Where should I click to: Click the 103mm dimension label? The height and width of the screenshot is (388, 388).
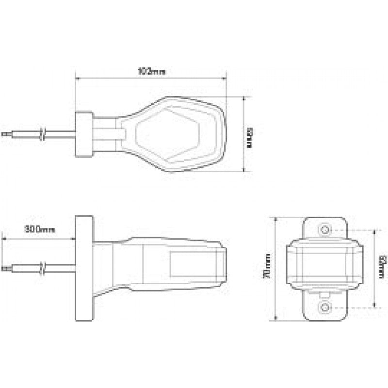[x=151, y=71]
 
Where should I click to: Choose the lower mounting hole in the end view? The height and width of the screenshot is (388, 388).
[x=323, y=307]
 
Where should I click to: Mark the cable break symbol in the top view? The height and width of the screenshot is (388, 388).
[x=44, y=133]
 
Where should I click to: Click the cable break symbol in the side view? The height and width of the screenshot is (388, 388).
[x=44, y=267]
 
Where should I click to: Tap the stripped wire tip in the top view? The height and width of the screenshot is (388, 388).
[x=5, y=133]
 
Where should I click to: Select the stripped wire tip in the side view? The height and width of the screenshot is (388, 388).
[x=5, y=267]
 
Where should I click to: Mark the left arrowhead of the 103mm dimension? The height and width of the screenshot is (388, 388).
[x=77, y=77]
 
